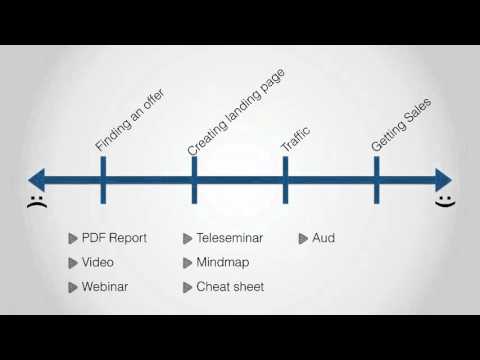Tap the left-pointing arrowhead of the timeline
(38, 180)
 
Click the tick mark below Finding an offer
(103, 180)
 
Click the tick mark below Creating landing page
(194, 180)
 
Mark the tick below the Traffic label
(285, 180)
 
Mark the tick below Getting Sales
(376, 180)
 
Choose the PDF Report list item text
(115, 238)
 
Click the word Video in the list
(99, 262)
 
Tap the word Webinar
(106, 287)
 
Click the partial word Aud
(323, 238)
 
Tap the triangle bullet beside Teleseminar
(187, 238)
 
